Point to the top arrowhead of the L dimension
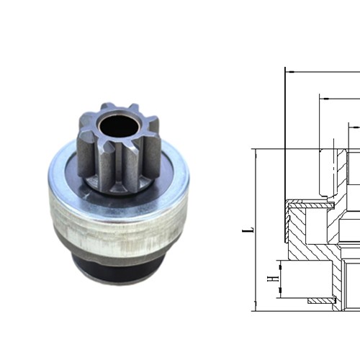[256, 152]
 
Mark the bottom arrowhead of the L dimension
[256, 307]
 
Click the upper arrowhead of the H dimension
[283, 264]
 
